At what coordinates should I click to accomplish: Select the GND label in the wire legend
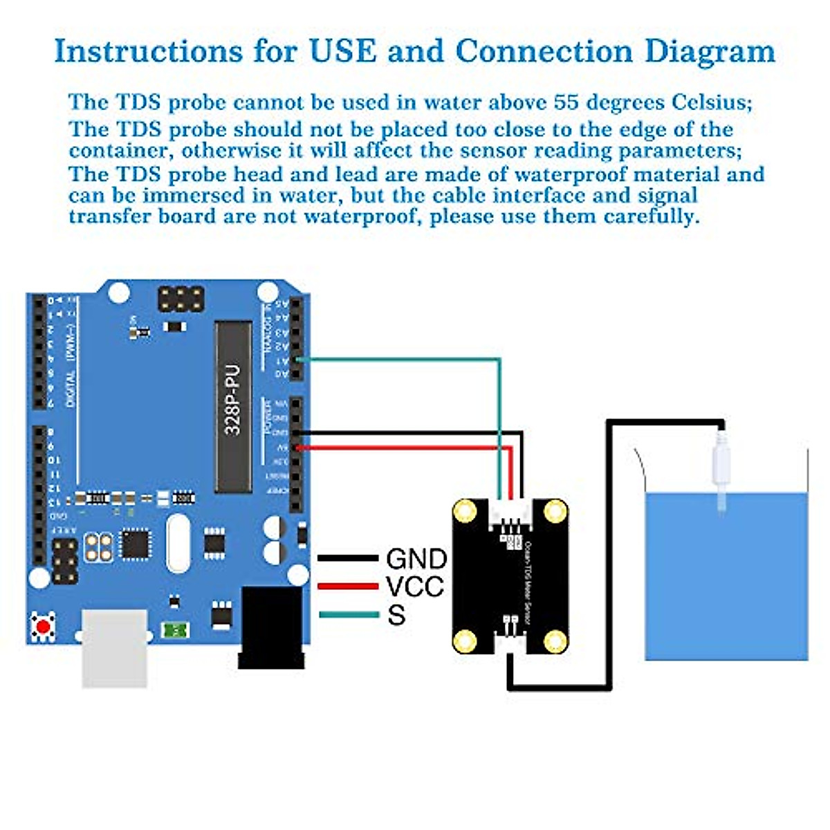(416, 559)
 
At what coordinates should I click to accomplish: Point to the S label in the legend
(396, 615)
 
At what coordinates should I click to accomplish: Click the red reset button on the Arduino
(43, 627)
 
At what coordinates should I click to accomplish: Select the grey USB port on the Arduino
(115, 647)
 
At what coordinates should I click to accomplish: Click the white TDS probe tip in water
(721, 477)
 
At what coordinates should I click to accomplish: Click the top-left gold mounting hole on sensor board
(465, 512)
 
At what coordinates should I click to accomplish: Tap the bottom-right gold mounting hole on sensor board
(555, 641)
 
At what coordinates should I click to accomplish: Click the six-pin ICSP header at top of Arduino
(181, 299)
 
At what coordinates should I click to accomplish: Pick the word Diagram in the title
(710, 51)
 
